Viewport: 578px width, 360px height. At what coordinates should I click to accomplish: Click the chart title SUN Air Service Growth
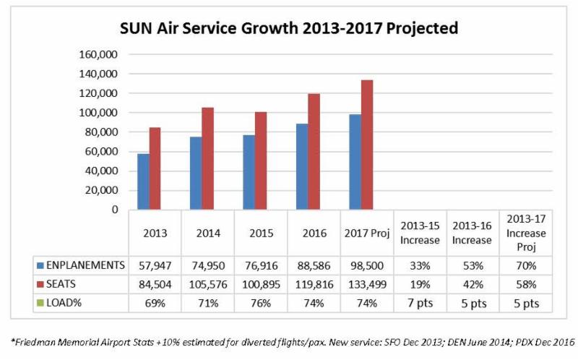coord(289,29)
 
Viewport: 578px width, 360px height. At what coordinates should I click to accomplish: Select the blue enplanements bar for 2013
coord(144,181)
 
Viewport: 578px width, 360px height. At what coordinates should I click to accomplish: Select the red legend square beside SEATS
coord(40,285)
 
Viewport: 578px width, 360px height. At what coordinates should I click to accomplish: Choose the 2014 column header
coord(207,234)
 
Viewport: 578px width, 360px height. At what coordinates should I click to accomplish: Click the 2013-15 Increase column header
coord(420,234)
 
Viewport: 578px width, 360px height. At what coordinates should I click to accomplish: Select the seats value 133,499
coord(367,285)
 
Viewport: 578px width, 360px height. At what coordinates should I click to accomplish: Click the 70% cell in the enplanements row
coord(526,265)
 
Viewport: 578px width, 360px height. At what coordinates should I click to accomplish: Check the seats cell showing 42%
coord(473,285)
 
